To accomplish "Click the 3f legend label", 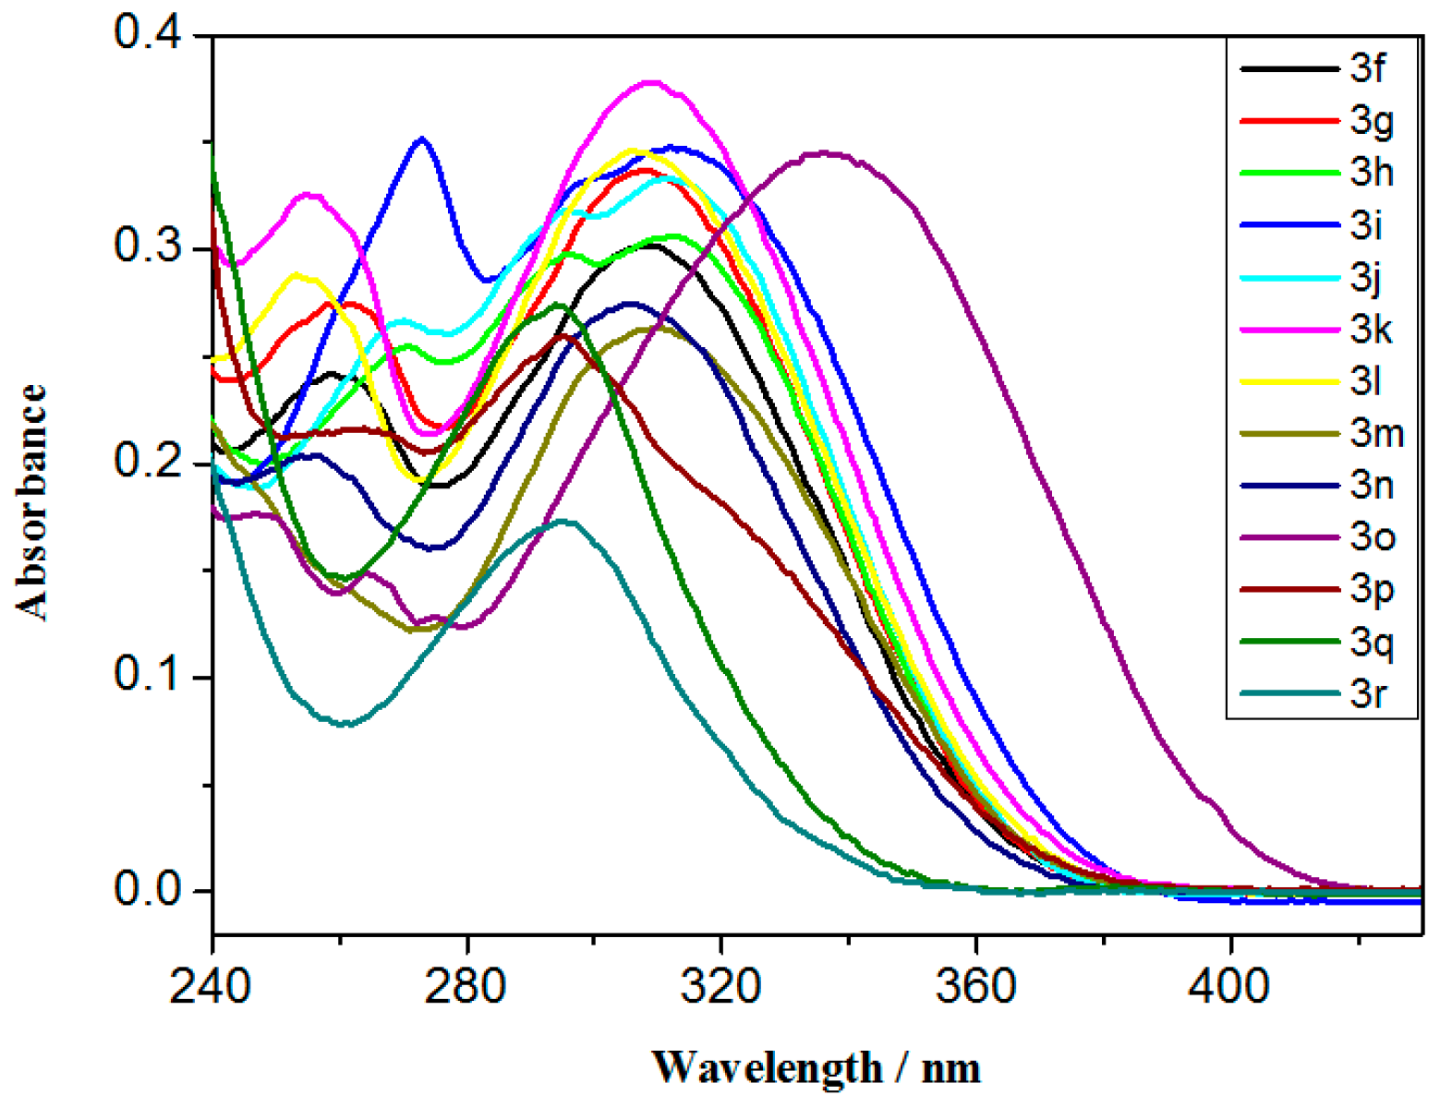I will (x=1367, y=69).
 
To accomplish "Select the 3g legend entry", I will (x=1371, y=122).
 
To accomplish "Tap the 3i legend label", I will (x=1365, y=225).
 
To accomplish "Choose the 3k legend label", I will (x=1371, y=330).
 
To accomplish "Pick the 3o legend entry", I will (x=1373, y=536).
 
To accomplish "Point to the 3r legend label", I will (x=1367, y=692).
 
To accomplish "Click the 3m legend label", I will (x=1376, y=433).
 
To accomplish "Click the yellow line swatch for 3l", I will (x=1289, y=381).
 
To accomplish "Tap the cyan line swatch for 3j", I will (x=1289, y=277).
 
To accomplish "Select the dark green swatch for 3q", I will (x=1289, y=641).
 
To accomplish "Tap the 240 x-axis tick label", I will (x=211, y=986).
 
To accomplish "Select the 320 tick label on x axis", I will (x=720, y=986).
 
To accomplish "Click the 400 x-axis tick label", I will (x=1230, y=986).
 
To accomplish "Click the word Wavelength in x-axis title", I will (x=766, y=1068).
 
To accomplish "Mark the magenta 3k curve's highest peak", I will (x=652, y=82).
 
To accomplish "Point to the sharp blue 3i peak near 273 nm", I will (x=422, y=138).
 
